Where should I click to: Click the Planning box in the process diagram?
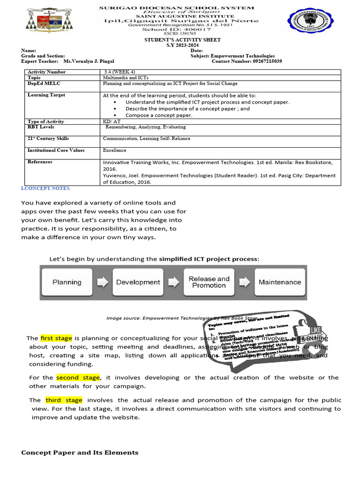pos(67,282)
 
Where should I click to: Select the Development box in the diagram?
pos(138,282)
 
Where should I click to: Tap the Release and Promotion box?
pos(209,282)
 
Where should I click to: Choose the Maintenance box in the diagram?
pos(280,282)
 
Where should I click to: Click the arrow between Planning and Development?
pos(103,282)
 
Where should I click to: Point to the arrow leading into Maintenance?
pos(244,282)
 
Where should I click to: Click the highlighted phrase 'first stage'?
pos(56,338)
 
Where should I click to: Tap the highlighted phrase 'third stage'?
pos(64,400)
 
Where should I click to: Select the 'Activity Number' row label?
pos(47,72)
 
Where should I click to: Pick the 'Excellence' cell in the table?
pos(115,150)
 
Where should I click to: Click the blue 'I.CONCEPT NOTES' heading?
pos(45,188)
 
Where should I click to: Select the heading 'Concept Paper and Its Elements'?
pos(80,452)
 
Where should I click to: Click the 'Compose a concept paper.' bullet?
pos(158,115)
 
